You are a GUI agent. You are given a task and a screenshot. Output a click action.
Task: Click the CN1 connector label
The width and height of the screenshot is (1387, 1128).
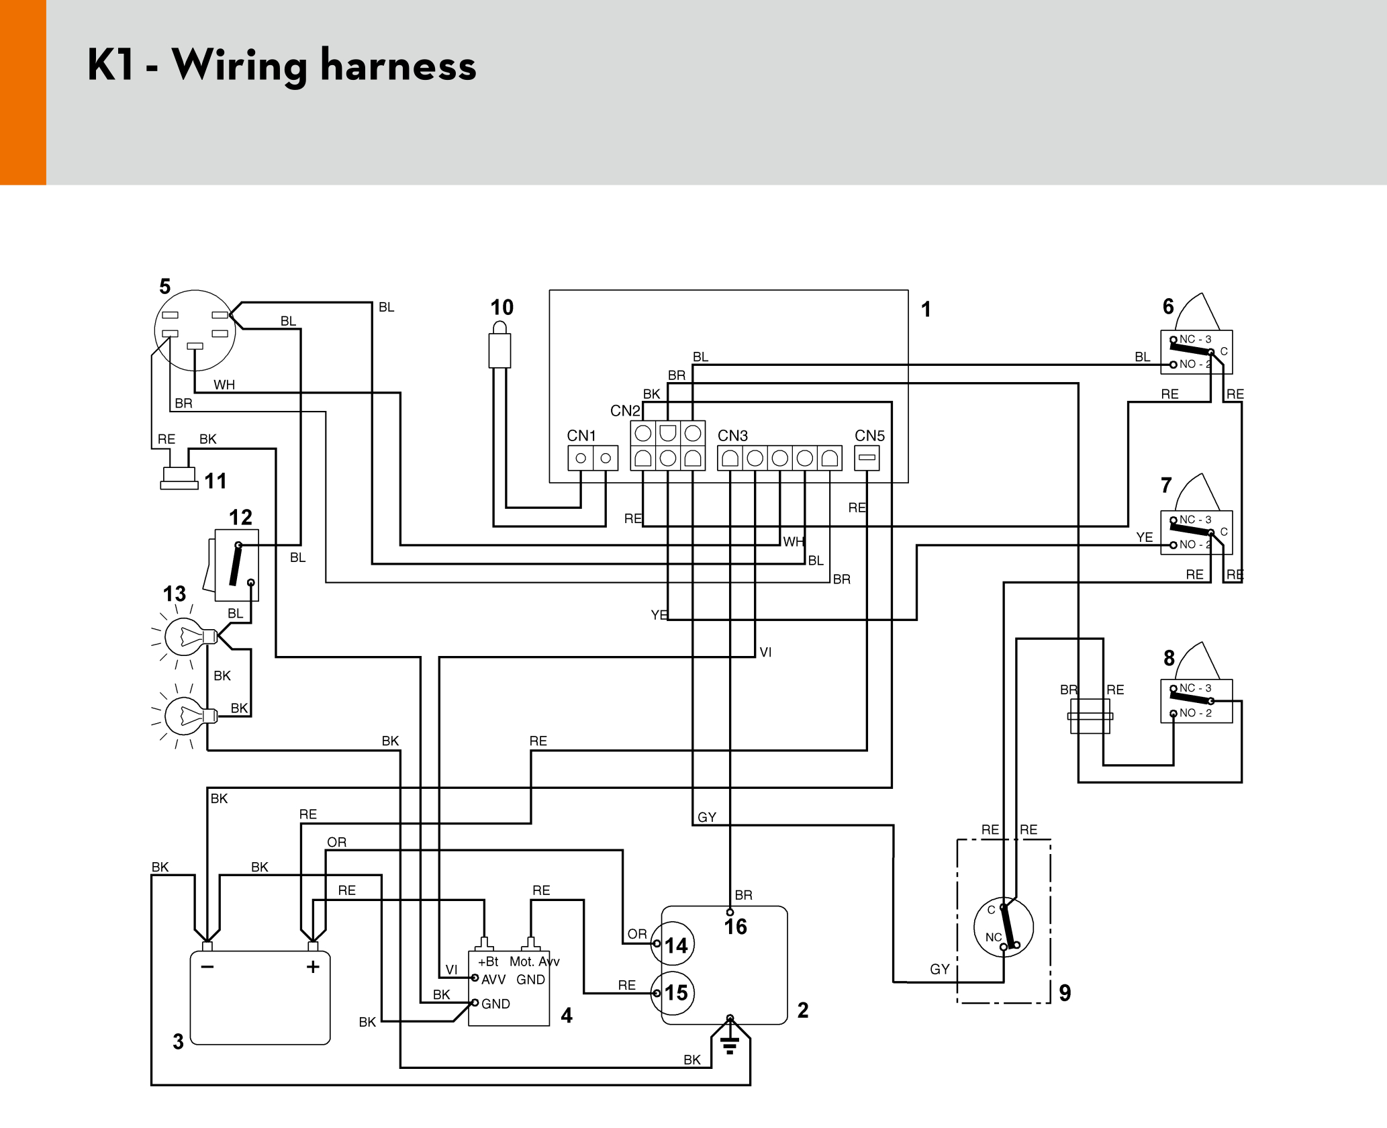pyautogui.click(x=581, y=436)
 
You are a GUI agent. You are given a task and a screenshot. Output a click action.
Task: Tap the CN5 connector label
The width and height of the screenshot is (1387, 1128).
pyautogui.click(x=869, y=436)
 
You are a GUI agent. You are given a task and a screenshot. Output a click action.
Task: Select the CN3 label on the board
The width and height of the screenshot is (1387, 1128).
pyautogui.click(x=732, y=436)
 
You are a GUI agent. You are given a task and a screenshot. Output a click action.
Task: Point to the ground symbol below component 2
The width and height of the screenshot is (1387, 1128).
pyautogui.click(x=730, y=1044)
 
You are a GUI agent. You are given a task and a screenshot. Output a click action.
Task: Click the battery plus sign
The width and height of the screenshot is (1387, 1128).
pyautogui.click(x=313, y=967)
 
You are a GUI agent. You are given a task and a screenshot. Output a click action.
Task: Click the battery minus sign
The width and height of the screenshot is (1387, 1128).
pyautogui.click(x=207, y=967)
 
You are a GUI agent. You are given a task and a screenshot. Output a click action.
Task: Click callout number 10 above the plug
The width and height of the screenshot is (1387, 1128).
pyautogui.click(x=501, y=308)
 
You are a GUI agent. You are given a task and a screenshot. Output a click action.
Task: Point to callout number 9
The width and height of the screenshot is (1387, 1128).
pyautogui.click(x=1065, y=993)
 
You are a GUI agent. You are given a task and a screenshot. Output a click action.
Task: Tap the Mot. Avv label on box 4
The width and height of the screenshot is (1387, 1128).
pyautogui.click(x=534, y=961)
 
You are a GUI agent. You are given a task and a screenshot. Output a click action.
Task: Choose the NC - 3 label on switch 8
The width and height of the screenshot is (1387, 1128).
pyautogui.click(x=1196, y=688)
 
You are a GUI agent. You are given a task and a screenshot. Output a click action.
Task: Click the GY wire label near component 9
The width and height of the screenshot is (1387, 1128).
pyautogui.click(x=939, y=969)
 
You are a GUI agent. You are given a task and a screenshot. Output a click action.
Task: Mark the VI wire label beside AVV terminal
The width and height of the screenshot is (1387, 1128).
pyautogui.click(x=452, y=970)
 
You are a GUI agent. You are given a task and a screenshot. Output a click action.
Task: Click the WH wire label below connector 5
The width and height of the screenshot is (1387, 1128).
pyautogui.click(x=224, y=385)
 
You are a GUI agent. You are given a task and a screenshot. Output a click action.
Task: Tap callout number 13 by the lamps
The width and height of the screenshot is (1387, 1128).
pyautogui.click(x=175, y=594)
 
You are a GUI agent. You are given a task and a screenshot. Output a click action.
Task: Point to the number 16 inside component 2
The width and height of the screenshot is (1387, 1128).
pyautogui.click(x=736, y=927)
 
